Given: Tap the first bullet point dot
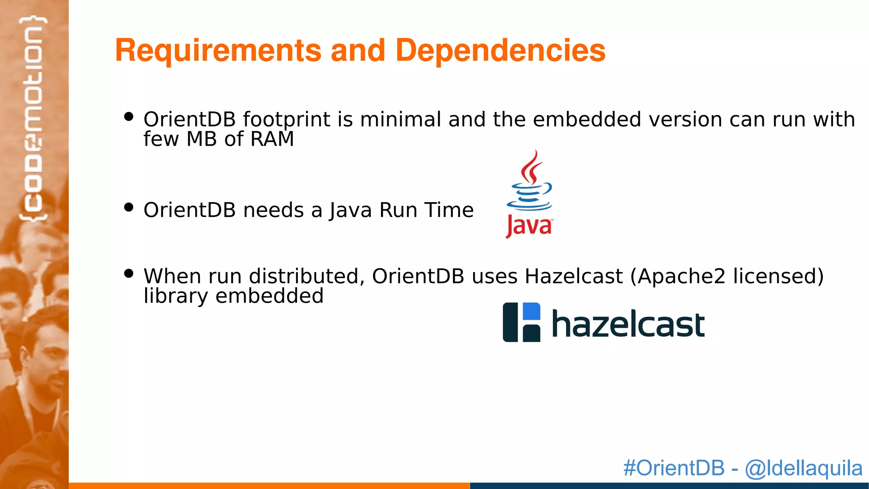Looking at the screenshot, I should point(129,116).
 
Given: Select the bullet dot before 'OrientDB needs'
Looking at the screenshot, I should point(129,207).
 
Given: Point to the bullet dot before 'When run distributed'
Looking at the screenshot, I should point(129,273).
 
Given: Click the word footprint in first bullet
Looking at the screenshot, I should point(286,120).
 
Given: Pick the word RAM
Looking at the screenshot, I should point(272,139).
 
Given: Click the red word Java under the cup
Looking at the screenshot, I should point(529,226).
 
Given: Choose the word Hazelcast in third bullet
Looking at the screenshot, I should point(574,276).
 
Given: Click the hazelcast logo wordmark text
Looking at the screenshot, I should point(628,324).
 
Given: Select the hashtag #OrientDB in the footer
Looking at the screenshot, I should point(674,468).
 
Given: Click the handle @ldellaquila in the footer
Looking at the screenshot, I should point(804,468).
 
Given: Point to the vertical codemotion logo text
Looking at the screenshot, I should point(33,119).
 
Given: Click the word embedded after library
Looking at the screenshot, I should point(269,296).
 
